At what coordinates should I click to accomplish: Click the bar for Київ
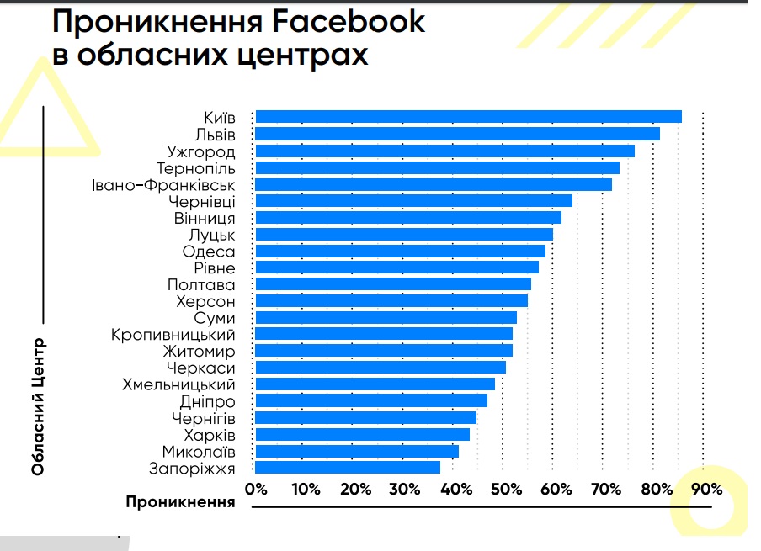[468, 117]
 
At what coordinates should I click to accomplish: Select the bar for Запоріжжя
[348, 468]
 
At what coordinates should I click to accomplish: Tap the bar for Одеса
[401, 251]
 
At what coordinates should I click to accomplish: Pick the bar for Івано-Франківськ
[434, 184]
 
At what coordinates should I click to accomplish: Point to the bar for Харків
[363, 434]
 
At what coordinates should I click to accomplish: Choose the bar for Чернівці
[414, 201]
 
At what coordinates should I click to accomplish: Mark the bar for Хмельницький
[375, 384]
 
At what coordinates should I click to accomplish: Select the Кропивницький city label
[173, 335]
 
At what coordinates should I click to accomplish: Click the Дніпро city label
[208, 401]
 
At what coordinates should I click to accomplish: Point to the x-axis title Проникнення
[180, 502]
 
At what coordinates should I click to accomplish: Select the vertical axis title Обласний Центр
[38, 407]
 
